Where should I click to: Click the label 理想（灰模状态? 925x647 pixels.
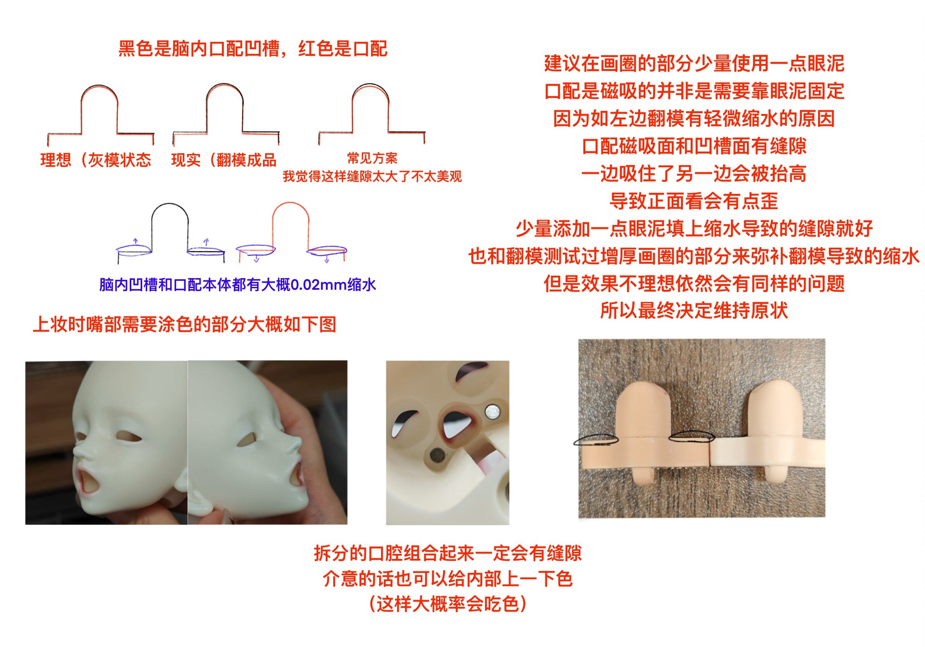pyautogui.click(x=96, y=160)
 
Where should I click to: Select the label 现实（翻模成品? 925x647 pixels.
pyautogui.click(x=224, y=160)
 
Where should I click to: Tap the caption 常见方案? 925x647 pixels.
pyautogui.click(x=372, y=158)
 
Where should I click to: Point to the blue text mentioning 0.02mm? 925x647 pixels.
pyautogui.click(x=238, y=285)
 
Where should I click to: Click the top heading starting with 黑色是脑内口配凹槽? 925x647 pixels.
pyautogui.click(x=253, y=49)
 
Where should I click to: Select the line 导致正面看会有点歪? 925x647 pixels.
pyautogui.click(x=694, y=201)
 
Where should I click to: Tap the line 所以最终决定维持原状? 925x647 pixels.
pyautogui.click(x=694, y=311)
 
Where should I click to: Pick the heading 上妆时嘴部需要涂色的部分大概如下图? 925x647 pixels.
pyautogui.click(x=184, y=324)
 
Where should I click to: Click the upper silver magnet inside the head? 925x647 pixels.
pyautogui.click(x=491, y=412)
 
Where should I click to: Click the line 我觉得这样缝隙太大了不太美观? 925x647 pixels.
pyautogui.click(x=372, y=176)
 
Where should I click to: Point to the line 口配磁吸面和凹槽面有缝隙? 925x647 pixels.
pyautogui.click(x=694, y=146)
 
